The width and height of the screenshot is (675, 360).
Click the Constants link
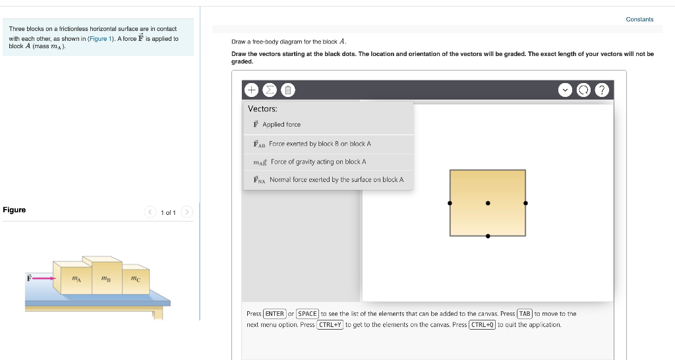tap(639, 19)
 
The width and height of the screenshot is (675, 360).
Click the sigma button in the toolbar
tap(270, 90)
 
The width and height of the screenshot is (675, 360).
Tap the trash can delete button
tap(289, 90)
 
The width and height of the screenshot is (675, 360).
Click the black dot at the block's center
tap(488, 203)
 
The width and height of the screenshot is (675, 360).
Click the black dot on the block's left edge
tap(450, 203)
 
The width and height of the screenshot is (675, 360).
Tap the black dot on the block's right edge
tap(525, 203)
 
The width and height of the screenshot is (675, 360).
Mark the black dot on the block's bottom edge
tap(488, 235)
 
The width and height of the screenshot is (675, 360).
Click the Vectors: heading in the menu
tap(262, 109)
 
